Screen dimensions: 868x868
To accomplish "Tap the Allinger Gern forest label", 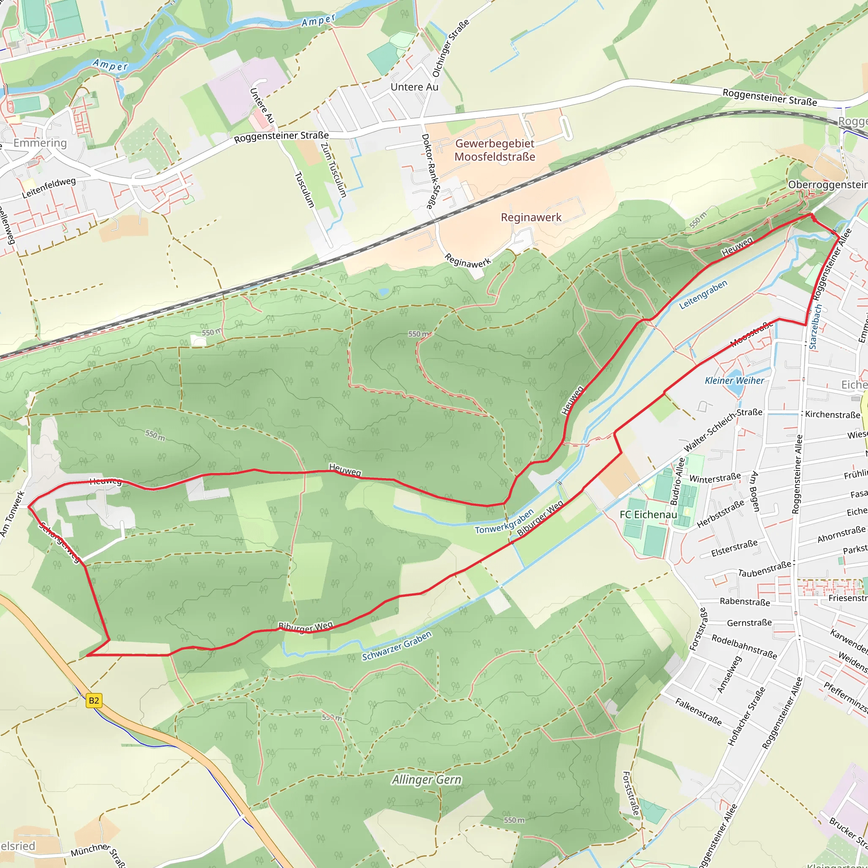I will [x=426, y=779].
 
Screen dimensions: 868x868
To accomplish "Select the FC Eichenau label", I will [x=648, y=515].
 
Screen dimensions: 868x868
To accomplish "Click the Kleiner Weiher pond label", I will [x=734, y=381].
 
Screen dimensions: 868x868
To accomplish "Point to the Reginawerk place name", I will [x=531, y=217].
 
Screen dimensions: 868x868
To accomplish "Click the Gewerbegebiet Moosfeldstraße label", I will [x=495, y=150].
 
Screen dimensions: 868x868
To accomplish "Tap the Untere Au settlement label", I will [x=414, y=87].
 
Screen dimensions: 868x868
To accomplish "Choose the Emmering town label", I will [x=40, y=143].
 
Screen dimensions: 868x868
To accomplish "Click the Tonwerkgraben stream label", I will [x=504, y=522].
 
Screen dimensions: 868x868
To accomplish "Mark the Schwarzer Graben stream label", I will [x=397, y=646].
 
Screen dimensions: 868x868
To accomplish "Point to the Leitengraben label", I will [x=703, y=295].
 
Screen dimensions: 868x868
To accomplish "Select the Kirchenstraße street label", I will [x=832, y=414].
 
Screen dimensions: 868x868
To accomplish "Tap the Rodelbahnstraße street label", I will [x=744, y=646].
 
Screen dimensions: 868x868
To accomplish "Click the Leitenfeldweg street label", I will [x=49, y=188].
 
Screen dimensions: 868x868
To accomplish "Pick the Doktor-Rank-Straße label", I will [x=431, y=172].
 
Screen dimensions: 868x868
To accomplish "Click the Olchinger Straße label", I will [x=450, y=48].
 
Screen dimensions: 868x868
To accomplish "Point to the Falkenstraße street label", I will [x=698, y=712].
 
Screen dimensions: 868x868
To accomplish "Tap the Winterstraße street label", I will [x=715, y=479].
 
